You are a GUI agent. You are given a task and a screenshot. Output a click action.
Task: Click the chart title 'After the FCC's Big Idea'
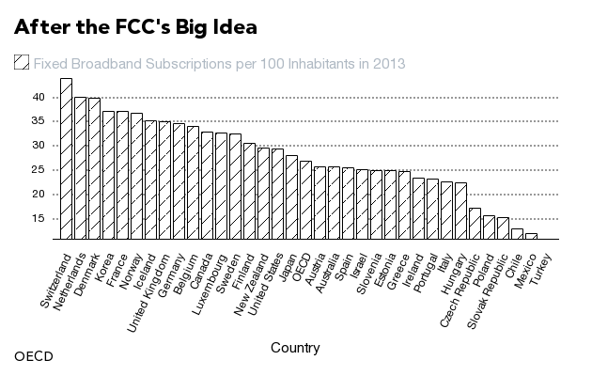[x=135, y=26]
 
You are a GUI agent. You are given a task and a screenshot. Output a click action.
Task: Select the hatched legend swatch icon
[x=22, y=64]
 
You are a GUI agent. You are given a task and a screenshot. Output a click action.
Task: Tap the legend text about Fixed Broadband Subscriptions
[x=219, y=64]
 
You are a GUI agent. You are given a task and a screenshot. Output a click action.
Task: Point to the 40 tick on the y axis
[x=39, y=97]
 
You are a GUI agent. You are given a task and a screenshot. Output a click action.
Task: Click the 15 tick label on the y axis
[x=39, y=218]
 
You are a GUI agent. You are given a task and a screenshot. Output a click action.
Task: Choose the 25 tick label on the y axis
[x=39, y=169]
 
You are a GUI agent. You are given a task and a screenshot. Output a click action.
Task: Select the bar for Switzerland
[x=66, y=160]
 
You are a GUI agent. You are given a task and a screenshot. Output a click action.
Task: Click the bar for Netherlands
[x=80, y=169]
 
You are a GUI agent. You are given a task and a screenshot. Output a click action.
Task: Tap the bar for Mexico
[x=531, y=237]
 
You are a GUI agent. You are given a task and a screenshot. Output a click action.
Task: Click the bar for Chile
[x=517, y=234]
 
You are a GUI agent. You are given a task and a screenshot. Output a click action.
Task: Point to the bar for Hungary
[x=460, y=211]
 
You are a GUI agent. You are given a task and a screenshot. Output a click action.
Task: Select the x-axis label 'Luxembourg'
[x=209, y=273]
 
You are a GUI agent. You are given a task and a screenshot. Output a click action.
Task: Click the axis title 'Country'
[x=295, y=348]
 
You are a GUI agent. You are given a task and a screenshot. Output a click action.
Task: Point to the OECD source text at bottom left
[x=34, y=357]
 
